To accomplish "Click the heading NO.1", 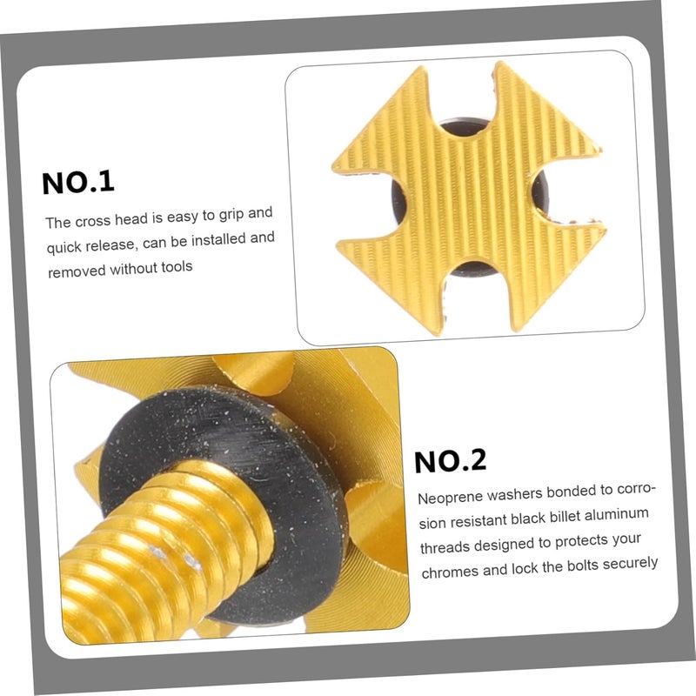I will (78, 182).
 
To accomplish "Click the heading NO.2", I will (450, 460).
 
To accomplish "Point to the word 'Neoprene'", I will (450, 499).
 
